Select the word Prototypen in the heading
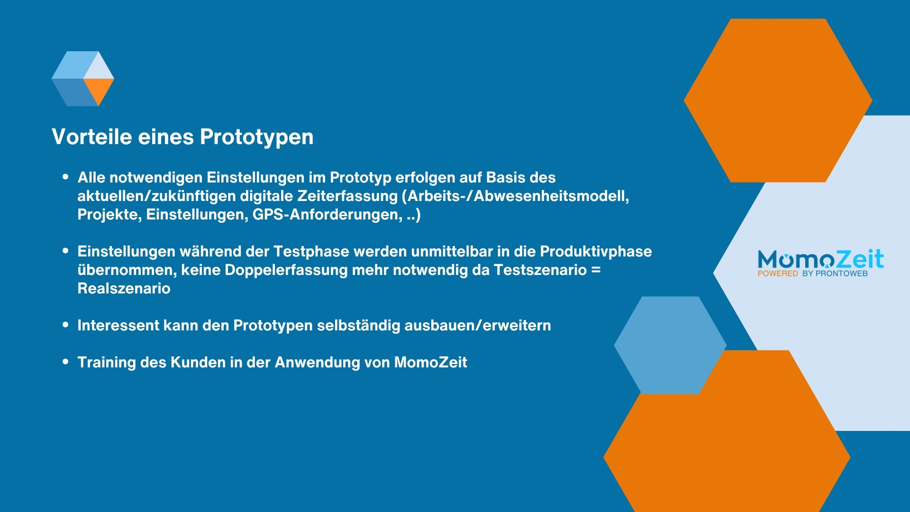pyautogui.click(x=256, y=137)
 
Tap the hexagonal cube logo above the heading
pyautogui.click(x=83, y=79)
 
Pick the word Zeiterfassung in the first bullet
pyautogui.click(x=347, y=196)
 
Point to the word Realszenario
pyautogui.click(x=124, y=289)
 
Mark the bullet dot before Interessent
pyautogui.click(x=65, y=325)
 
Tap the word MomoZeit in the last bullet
pyautogui.click(x=430, y=363)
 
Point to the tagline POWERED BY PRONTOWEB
pyautogui.click(x=812, y=274)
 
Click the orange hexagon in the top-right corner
pyautogui.click(x=777, y=100)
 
